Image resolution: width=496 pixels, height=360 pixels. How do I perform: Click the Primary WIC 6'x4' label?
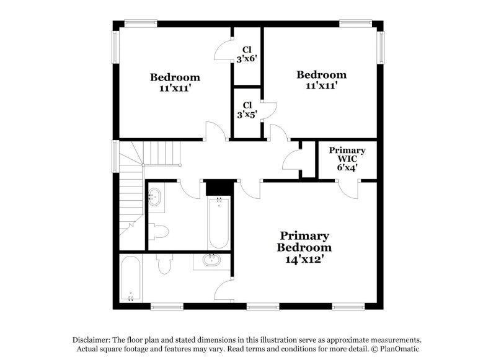347,159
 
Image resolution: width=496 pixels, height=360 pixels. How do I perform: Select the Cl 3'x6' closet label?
247,55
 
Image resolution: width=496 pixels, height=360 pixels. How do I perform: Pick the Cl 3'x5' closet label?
247,110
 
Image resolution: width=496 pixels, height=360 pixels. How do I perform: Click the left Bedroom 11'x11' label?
175,82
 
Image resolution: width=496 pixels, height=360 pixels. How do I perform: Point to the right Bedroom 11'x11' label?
321,80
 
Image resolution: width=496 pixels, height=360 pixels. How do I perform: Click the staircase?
131,186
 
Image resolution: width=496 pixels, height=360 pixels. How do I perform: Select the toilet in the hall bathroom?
159,232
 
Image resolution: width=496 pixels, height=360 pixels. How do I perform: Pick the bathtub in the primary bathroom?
130,279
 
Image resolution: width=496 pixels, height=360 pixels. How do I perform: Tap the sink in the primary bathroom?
211,261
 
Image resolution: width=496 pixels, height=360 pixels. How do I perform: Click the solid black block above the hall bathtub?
218,187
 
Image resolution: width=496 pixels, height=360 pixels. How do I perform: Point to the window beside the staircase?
115,155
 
